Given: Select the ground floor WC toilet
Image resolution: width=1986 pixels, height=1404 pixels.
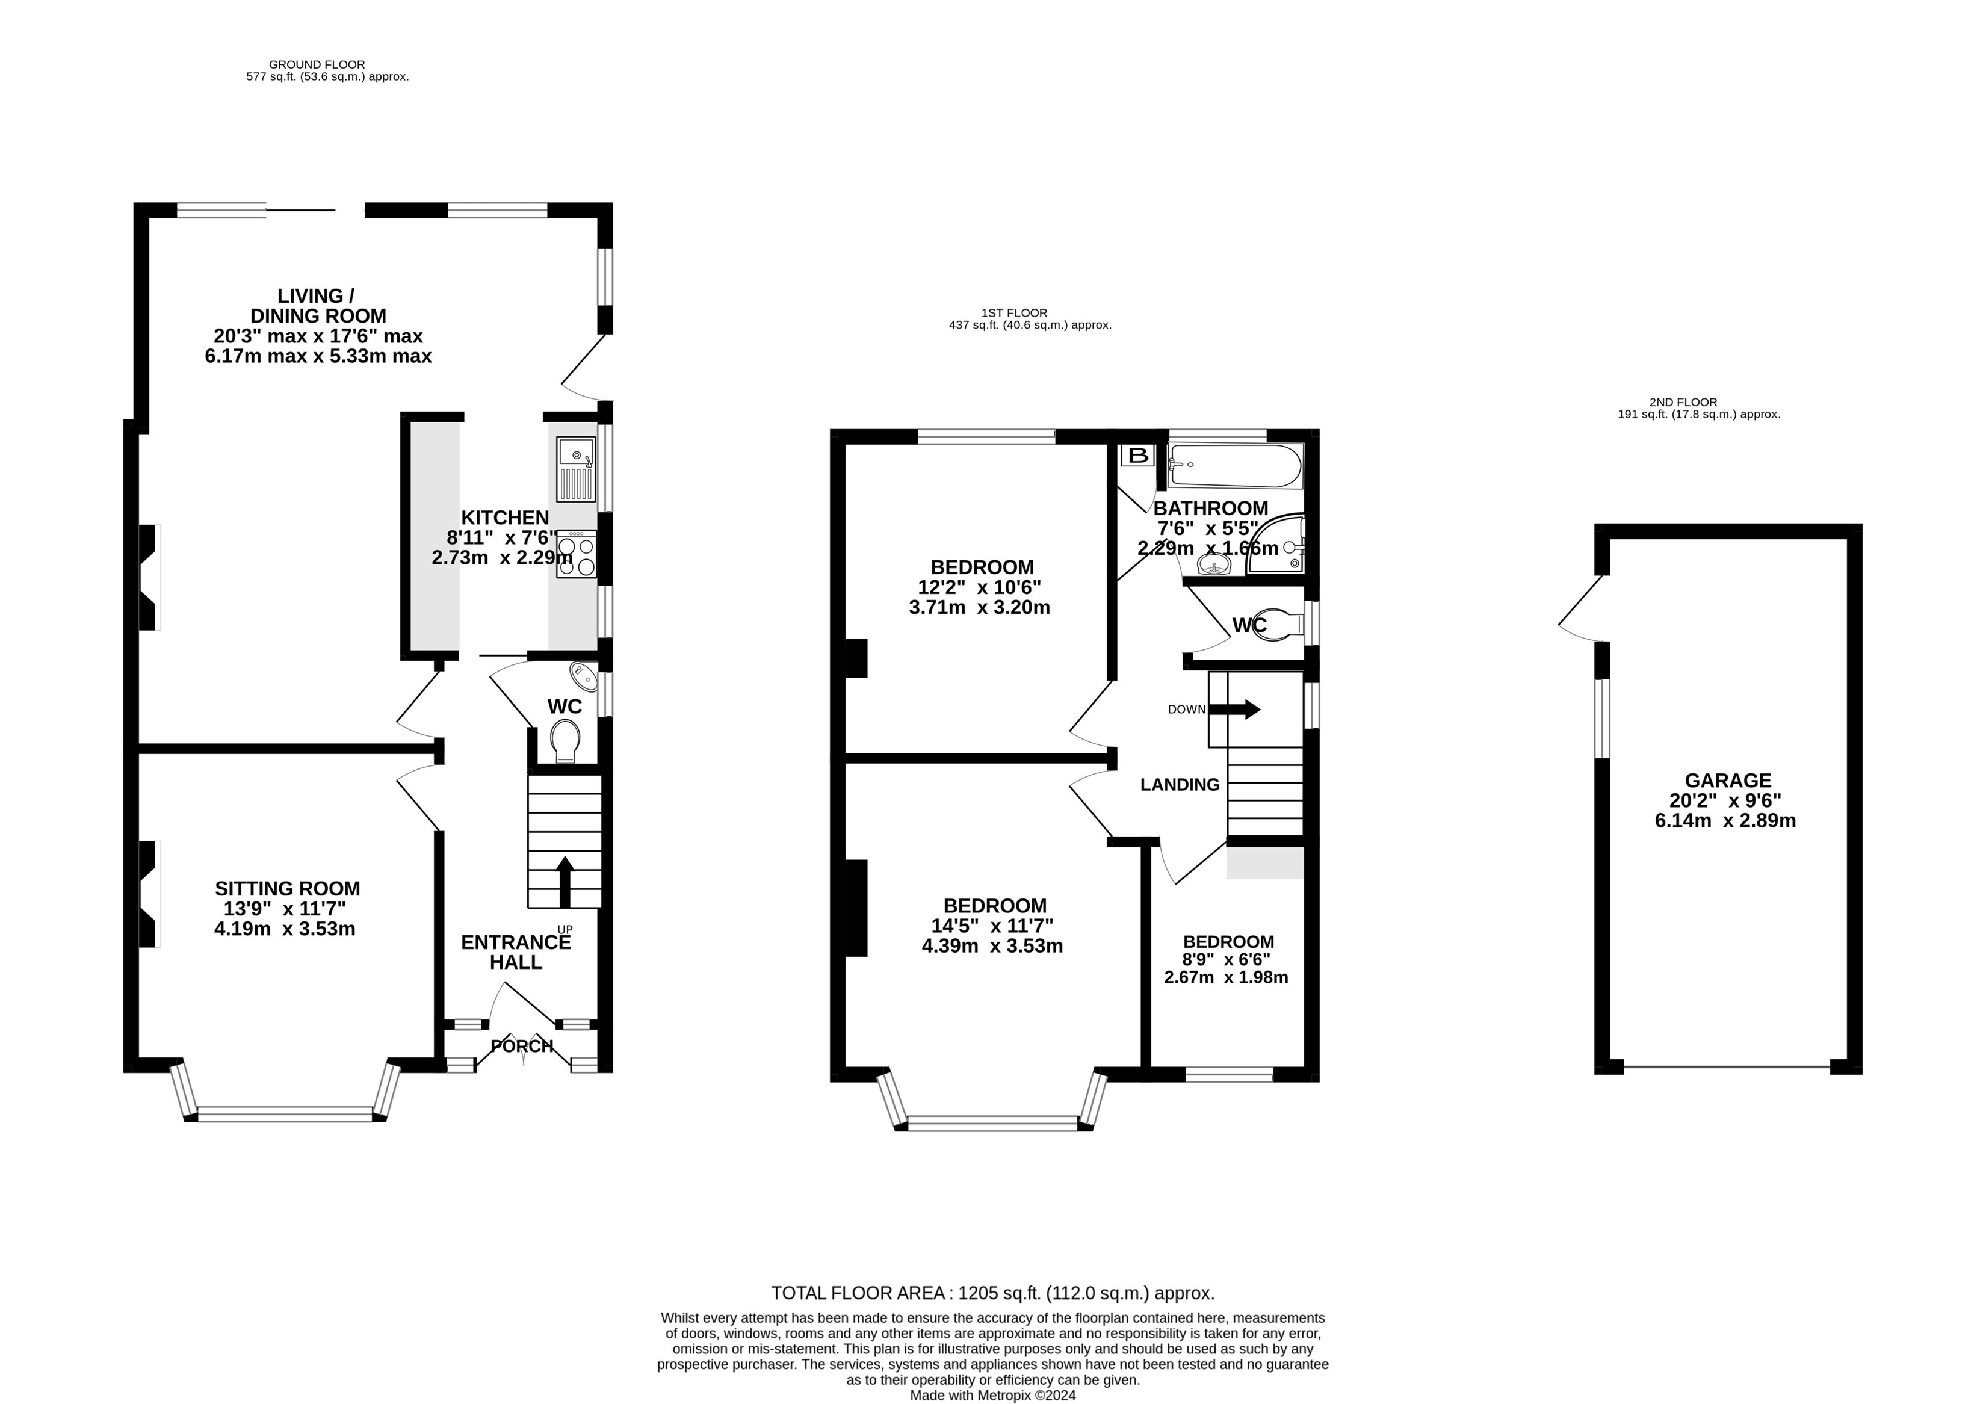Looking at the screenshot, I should point(566,740).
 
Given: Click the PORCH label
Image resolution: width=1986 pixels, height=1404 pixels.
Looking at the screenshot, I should point(522,1046).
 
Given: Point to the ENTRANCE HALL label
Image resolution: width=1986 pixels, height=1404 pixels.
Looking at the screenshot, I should point(516,951).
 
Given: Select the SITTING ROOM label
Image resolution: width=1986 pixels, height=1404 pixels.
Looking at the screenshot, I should point(287,888).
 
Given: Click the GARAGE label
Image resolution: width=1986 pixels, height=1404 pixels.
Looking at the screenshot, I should point(1727,781).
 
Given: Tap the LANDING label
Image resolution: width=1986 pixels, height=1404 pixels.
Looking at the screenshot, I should point(1180,785).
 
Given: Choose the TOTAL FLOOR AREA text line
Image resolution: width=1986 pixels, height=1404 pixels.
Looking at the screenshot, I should point(992,1293).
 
